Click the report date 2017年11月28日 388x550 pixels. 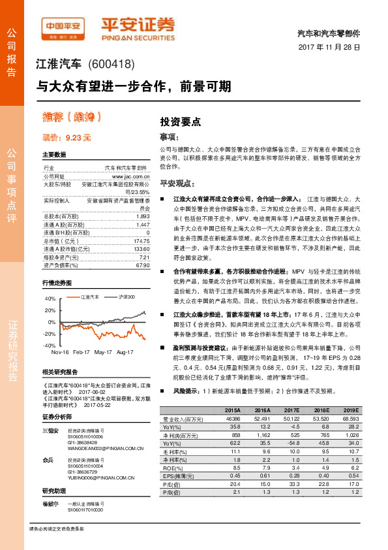329,48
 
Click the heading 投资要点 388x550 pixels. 181,121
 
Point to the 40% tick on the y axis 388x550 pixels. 50,299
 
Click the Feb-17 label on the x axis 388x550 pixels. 81,351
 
